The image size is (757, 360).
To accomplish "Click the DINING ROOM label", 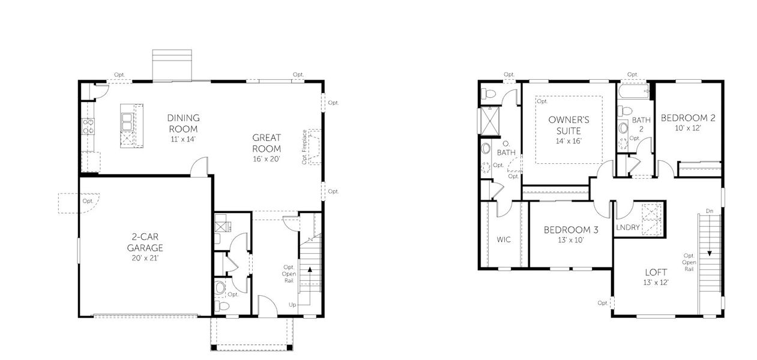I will pos(183,124).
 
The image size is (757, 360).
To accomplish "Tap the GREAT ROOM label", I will pos(267,143).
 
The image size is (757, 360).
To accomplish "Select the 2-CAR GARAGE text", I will pos(145,242).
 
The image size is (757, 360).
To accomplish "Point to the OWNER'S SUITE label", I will pos(569,125).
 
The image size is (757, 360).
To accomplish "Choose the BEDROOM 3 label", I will pos(571,230).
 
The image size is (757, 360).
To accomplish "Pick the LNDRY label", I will pos(628,228).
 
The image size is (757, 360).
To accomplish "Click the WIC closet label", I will pos(503,240).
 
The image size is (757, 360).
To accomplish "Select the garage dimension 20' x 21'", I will pos(145,258).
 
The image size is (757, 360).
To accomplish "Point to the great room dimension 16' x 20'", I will pos(267,159).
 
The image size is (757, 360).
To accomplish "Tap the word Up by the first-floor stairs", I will pos(292,305).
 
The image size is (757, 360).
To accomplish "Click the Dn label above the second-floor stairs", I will pos(710,211).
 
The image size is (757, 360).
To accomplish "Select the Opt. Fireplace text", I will pos(305,146).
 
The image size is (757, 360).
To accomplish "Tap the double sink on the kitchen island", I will pos(127,120).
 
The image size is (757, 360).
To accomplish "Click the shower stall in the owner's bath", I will pos(489,121).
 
